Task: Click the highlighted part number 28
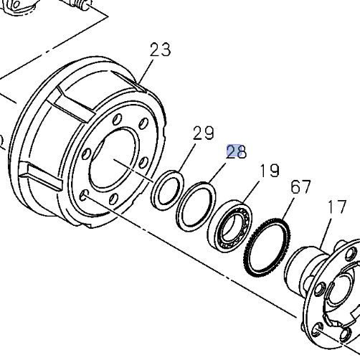pos(236,151)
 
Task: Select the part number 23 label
pos(161,49)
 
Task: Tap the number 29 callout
pos(204,133)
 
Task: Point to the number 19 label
pos(269,171)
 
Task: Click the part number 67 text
pos(300,187)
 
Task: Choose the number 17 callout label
pos(336,208)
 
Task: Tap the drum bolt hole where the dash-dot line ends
pos(85,194)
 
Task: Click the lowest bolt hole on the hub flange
pos(318,331)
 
